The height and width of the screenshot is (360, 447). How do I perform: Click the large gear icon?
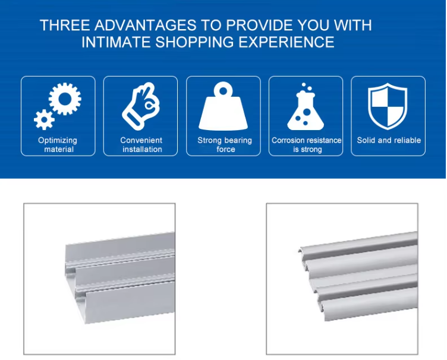[65, 99]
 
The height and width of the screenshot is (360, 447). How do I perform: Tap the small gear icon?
[44, 119]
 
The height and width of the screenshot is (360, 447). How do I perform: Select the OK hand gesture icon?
[141, 106]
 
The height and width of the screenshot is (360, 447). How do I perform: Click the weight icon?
[223, 106]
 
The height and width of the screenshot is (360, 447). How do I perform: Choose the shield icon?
[388, 106]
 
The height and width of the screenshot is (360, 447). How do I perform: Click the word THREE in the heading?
[65, 25]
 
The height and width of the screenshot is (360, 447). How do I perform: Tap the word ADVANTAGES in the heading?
[146, 25]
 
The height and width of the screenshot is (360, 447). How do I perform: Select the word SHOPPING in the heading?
[194, 42]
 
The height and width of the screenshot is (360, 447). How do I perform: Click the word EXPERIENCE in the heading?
[287, 42]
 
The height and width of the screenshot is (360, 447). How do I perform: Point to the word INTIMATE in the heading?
[117, 42]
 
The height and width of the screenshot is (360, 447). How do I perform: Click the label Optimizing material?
[58, 145]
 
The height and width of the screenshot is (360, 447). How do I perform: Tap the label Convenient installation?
[141, 145]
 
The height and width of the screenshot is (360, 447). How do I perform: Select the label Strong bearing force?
[225, 145]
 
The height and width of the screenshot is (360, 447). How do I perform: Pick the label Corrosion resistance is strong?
[307, 145]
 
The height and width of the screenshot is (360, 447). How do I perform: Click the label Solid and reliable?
[389, 140]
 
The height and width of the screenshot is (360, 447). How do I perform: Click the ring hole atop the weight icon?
[223, 91]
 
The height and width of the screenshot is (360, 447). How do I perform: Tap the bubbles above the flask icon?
[306, 87]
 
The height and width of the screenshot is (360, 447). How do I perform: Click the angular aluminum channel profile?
[120, 278]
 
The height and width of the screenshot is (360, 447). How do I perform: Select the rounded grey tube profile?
[358, 276]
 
